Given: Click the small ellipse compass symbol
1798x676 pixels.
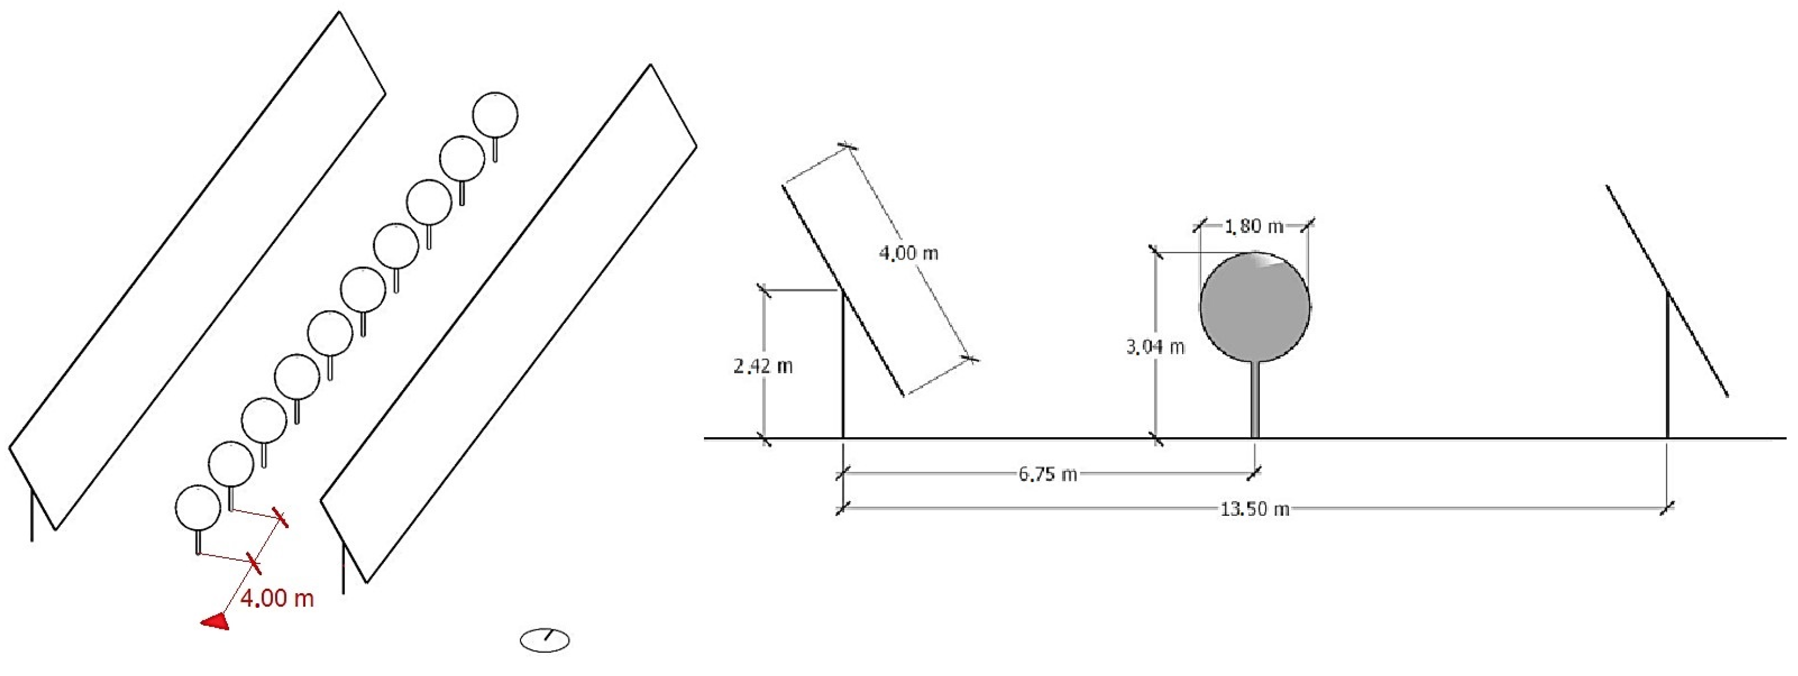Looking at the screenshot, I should pos(545,640).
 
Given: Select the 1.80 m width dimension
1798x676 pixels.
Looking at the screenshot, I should pos(1254,226).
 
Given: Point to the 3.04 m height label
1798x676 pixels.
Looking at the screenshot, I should pos(1155,346).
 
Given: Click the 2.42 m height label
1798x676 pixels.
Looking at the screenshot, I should pos(763,366).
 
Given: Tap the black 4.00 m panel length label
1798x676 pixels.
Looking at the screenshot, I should pos(908,253).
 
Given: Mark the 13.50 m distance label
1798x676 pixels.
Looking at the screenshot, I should pos(1254,509).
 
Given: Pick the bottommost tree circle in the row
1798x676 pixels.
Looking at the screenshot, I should pos(198,508).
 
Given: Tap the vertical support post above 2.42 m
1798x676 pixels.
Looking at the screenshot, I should pos(843,363).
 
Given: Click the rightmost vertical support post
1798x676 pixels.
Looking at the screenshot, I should pos(1667,363).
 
